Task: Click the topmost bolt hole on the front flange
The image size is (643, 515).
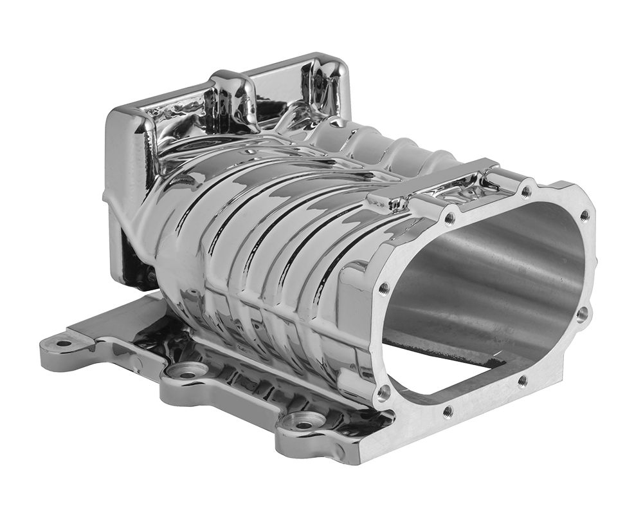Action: [x=527, y=191]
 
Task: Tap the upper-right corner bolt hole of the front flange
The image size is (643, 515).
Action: [x=584, y=216]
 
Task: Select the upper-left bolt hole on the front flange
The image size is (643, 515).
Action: [x=449, y=218]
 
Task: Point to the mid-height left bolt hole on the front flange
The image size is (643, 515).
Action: [x=384, y=287]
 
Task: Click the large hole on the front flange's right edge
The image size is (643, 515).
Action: [x=582, y=314]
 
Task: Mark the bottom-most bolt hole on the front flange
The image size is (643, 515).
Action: [x=448, y=410]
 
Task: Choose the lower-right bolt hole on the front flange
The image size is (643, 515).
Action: [x=522, y=380]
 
